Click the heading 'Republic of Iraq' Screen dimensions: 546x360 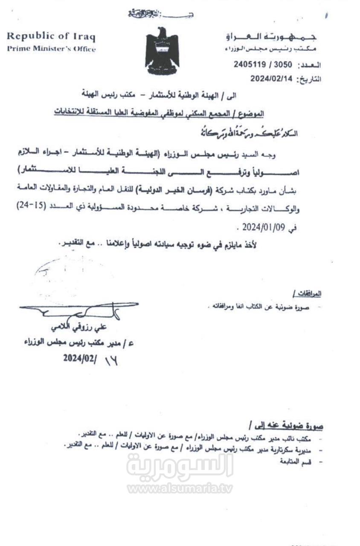click(51, 36)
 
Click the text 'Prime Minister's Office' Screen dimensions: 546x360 click(51, 49)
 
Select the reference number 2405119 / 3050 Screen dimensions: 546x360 click(263, 64)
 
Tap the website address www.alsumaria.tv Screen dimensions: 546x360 click(180, 488)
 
